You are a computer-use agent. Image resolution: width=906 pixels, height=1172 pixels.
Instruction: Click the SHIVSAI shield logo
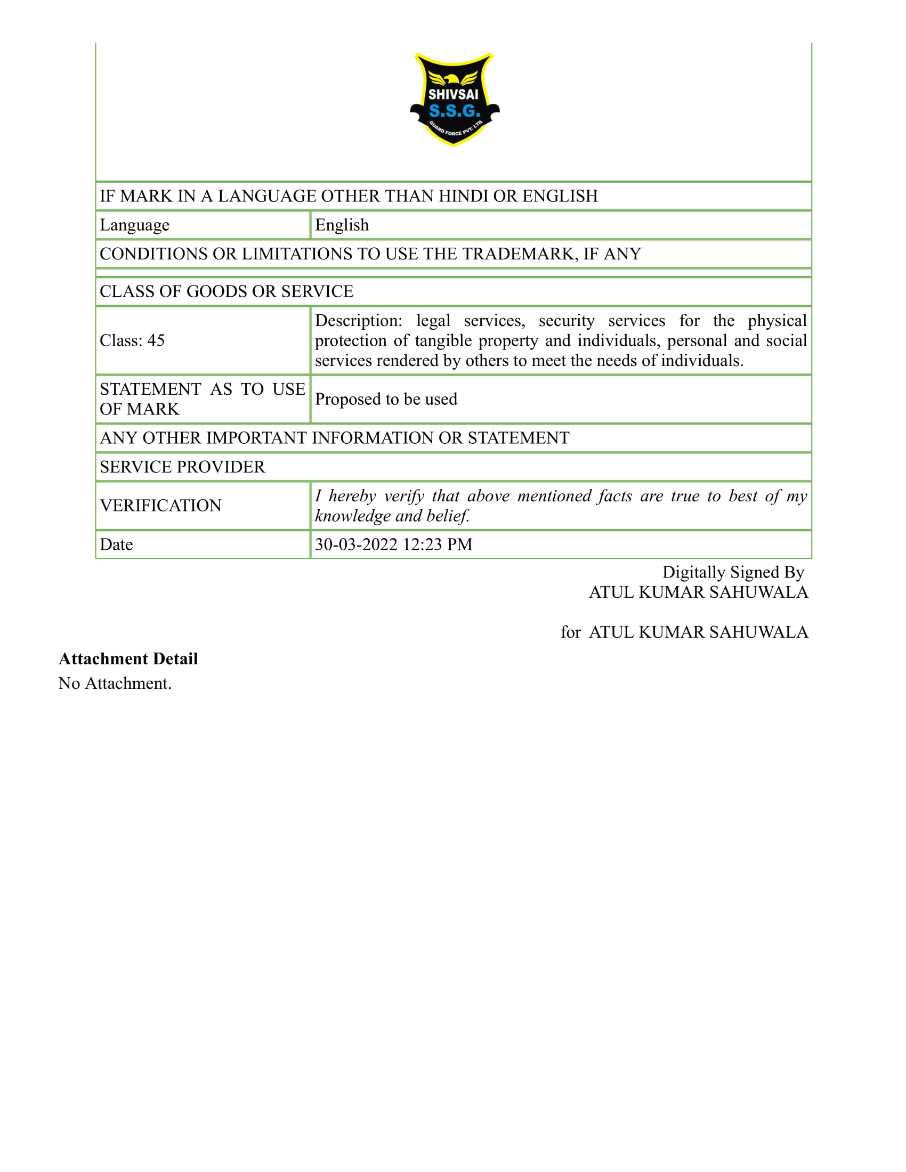tap(454, 99)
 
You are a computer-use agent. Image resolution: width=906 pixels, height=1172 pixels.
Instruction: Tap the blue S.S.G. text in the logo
tap(454, 111)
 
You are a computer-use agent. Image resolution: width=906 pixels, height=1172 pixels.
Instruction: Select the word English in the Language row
tap(342, 225)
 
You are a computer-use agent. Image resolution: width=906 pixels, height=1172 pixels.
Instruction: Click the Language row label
tap(135, 225)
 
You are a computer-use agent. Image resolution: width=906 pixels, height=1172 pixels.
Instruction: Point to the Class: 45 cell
tap(132, 340)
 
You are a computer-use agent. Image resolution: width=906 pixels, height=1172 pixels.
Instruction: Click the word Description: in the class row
tap(359, 320)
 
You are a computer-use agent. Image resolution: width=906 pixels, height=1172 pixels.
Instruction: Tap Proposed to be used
tap(386, 399)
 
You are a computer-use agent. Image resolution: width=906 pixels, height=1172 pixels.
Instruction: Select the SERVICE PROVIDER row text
tap(182, 467)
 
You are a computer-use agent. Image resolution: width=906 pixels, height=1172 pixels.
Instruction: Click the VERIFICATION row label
tap(160, 506)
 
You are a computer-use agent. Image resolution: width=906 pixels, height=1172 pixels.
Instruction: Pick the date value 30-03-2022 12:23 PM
tap(393, 544)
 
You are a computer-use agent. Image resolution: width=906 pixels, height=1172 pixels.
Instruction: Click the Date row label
tap(117, 544)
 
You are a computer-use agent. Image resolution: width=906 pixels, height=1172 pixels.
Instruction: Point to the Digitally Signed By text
tap(733, 572)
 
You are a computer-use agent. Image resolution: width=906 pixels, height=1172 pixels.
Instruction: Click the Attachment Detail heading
tap(128, 658)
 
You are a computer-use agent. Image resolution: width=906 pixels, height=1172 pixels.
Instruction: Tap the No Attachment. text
tap(115, 683)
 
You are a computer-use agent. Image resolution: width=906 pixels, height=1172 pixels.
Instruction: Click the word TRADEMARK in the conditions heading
tap(520, 254)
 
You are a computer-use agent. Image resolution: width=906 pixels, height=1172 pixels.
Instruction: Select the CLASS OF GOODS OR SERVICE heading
tap(226, 291)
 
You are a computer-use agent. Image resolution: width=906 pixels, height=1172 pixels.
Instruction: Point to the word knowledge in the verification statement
tap(353, 516)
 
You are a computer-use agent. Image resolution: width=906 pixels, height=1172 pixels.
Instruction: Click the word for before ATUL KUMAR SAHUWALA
tap(571, 632)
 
